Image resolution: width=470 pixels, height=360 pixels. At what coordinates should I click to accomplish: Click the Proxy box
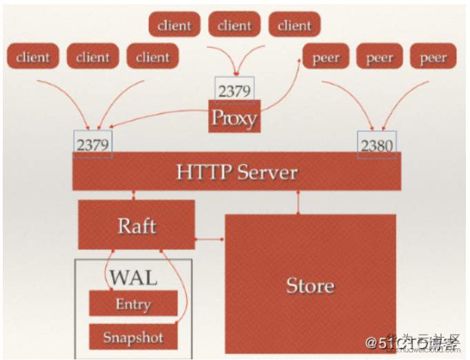(x=234, y=117)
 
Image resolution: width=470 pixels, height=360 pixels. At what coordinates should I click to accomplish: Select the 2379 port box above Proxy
(x=234, y=90)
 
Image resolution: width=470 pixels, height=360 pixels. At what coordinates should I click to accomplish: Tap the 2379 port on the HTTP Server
(x=93, y=145)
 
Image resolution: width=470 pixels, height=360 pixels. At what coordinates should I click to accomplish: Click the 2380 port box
(x=376, y=145)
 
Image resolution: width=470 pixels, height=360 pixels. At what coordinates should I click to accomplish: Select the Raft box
(x=136, y=225)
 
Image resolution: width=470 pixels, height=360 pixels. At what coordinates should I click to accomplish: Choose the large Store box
(x=310, y=284)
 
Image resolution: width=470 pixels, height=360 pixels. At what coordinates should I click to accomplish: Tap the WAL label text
(x=133, y=277)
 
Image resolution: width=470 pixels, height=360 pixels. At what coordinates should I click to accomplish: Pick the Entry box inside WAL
(x=133, y=303)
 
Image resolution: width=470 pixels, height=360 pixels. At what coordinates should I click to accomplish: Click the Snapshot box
(x=133, y=337)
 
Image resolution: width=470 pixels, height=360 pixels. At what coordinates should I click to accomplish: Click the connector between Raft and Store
(x=210, y=239)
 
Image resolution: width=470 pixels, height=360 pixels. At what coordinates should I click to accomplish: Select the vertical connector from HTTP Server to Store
(x=298, y=201)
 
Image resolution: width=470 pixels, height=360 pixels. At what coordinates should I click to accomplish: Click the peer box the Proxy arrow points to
(x=326, y=58)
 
